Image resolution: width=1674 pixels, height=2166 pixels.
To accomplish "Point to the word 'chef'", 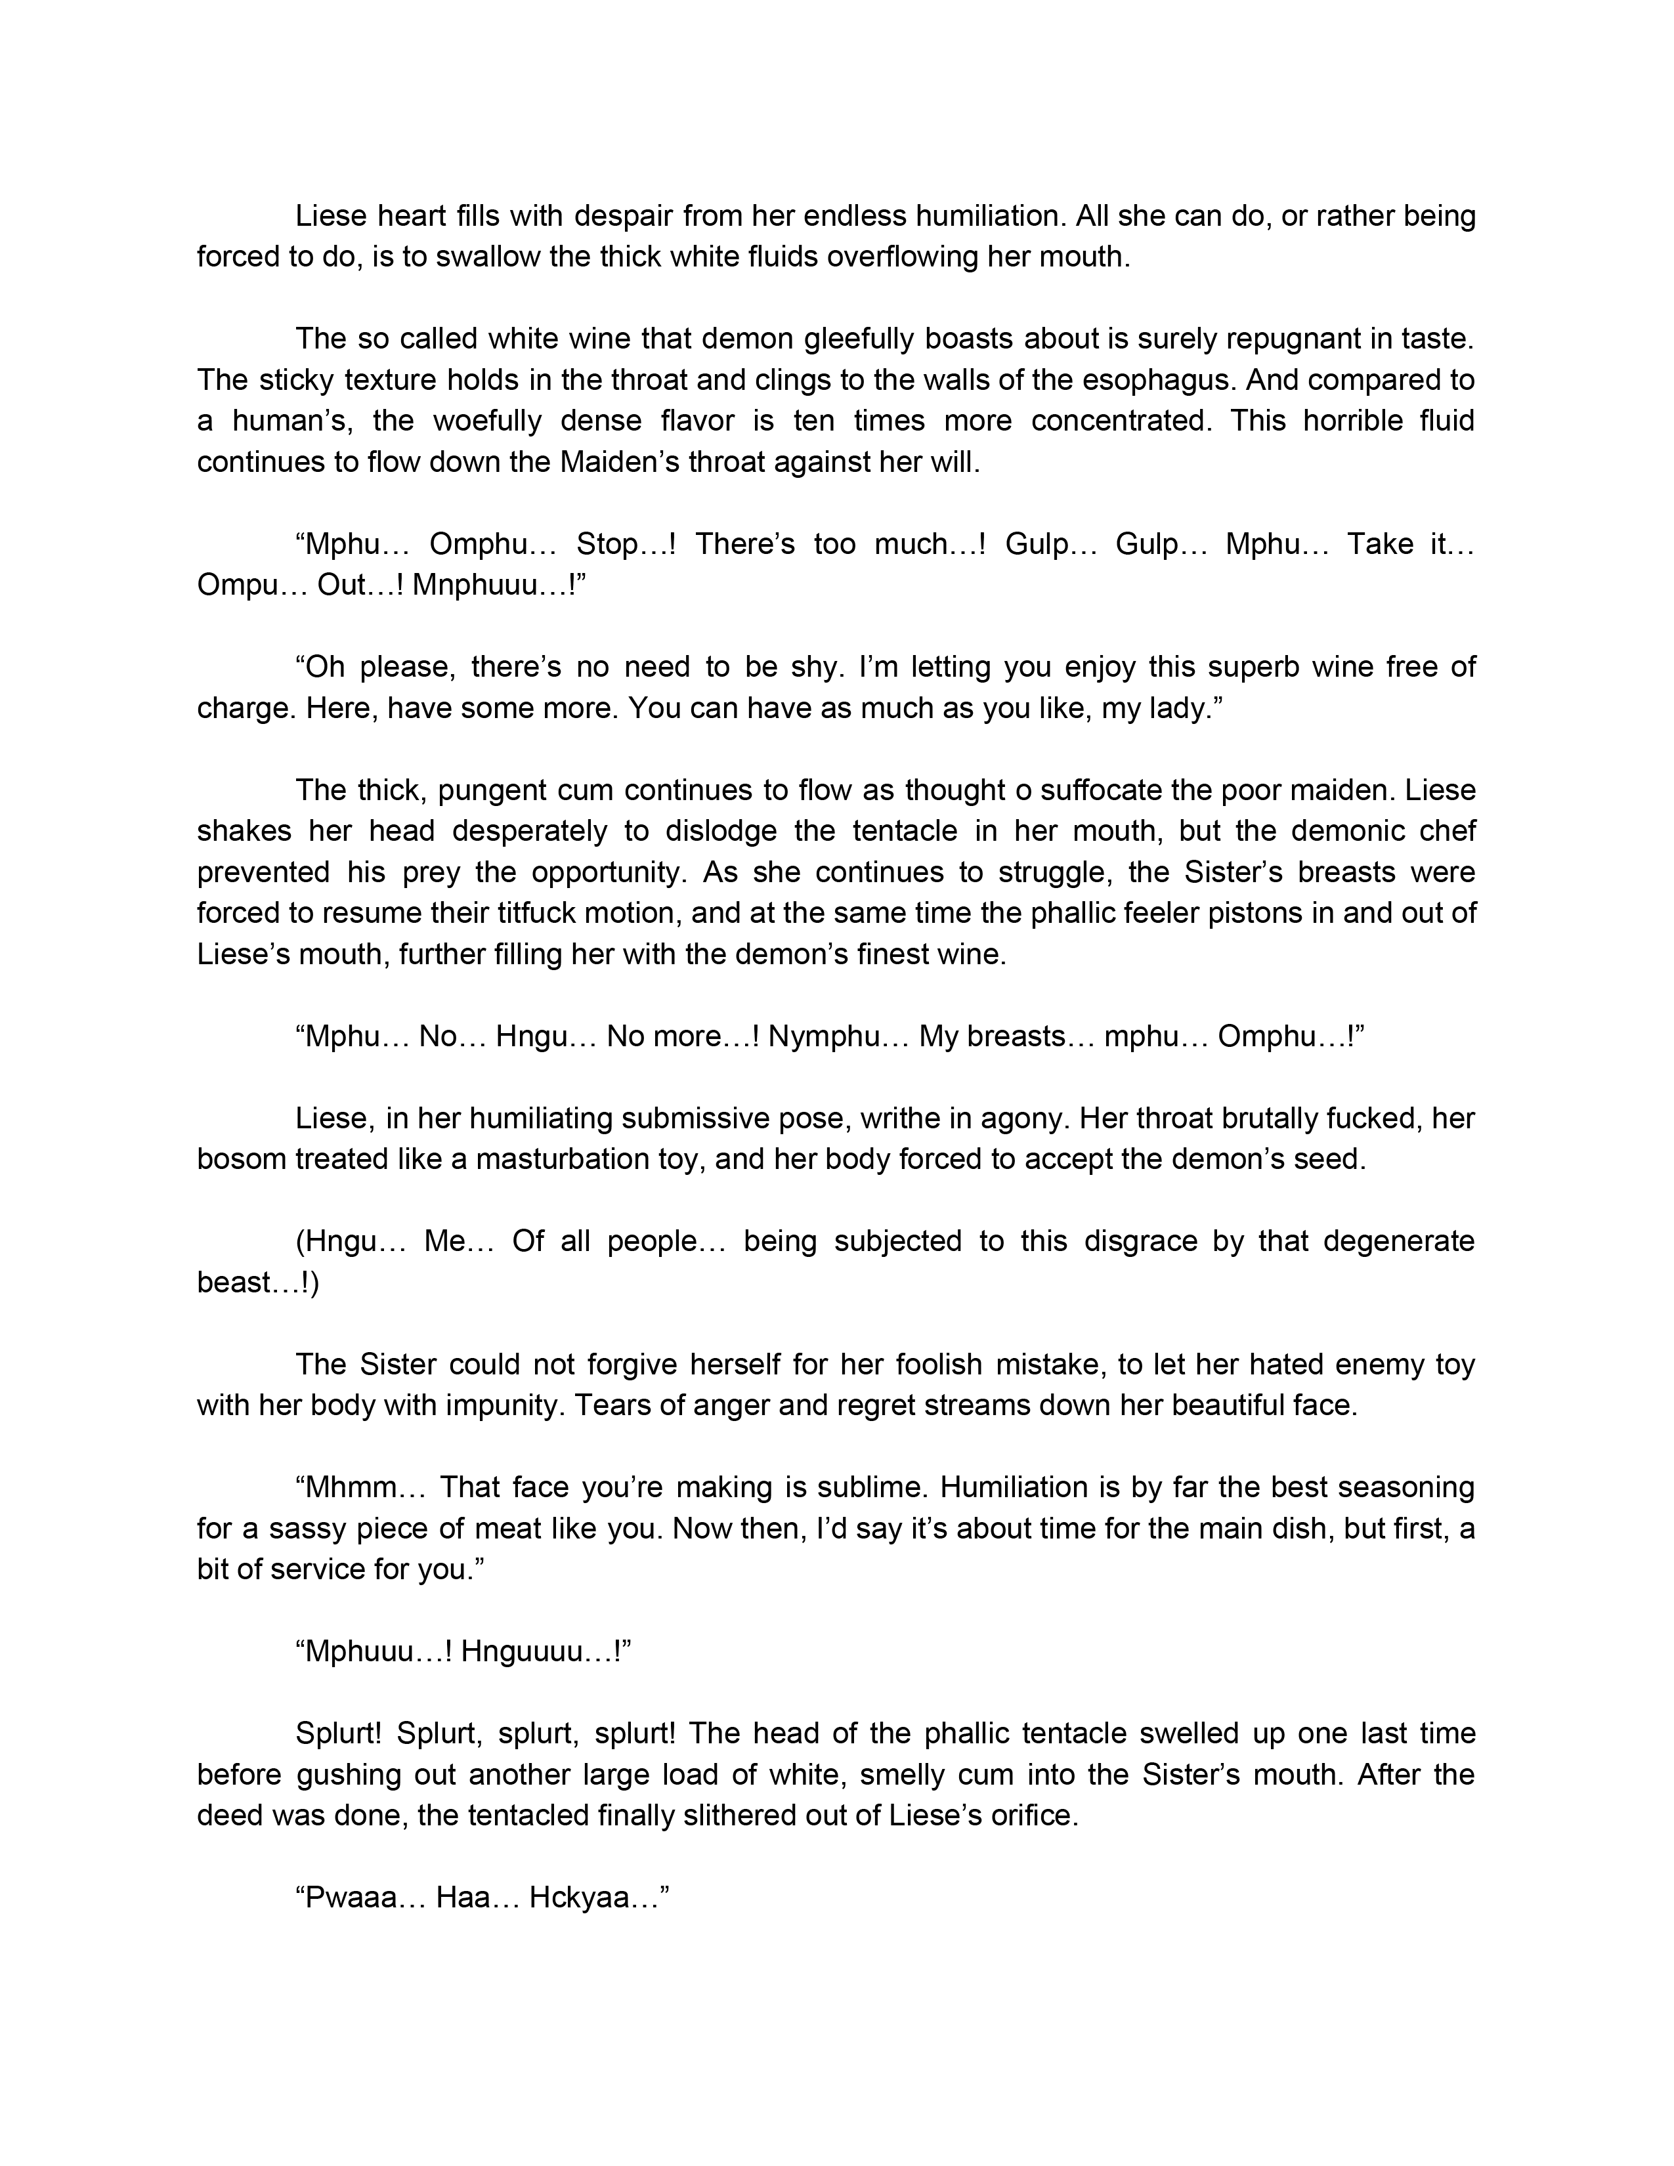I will click(x=1446, y=830).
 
